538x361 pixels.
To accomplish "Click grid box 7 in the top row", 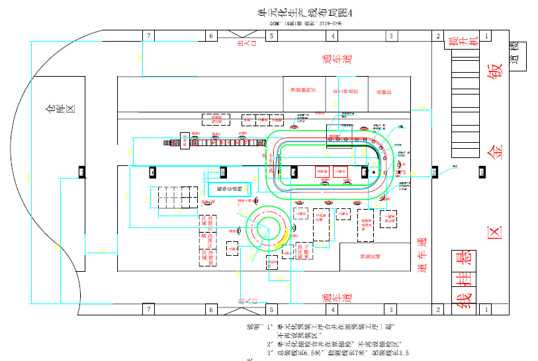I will tap(150, 36).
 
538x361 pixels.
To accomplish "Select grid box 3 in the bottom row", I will tap(390, 309).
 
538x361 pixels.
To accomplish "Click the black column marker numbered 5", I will tap(223, 173).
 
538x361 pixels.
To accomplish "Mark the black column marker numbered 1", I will tap(482, 173).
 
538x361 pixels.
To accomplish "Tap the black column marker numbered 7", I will tap(82, 173).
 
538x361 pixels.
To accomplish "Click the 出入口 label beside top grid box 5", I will tap(241, 44).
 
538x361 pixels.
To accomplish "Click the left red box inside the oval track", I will tap(322, 172).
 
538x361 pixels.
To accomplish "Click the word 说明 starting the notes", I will tap(251, 327).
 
